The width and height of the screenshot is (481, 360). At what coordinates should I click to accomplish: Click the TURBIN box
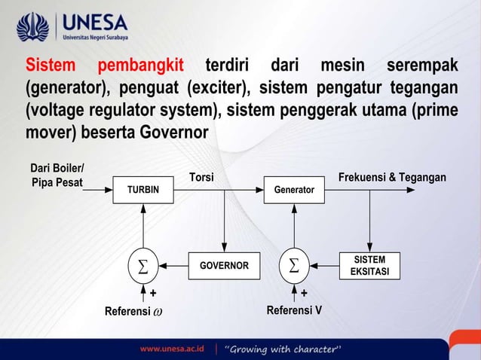pyautogui.click(x=142, y=190)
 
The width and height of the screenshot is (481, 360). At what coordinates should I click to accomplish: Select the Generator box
pyautogui.click(x=293, y=190)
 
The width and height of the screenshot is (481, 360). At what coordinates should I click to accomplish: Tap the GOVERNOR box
pyautogui.click(x=224, y=266)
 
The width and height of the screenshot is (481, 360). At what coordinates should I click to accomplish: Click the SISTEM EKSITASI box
pyautogui.click(x=369, y=266)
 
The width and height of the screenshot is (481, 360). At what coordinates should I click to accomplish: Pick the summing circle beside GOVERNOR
pyautogui.click(x=142, y=266)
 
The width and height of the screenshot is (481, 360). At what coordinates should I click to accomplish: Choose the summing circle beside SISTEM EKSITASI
pyautogui.click(x=294, y=266)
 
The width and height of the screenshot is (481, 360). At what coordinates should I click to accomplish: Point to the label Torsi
pyautogui.click(x=201, y=177)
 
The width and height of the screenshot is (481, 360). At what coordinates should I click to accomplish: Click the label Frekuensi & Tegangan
pyautogui.click(x=392, y=177)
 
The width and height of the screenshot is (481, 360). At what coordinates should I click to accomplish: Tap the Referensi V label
pyautogui.click(x=295, y=310)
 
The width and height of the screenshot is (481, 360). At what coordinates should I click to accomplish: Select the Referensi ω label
pyautogui.click(x=133, y=310)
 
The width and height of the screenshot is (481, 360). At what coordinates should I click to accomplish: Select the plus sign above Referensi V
pyautogui.click(x=305, y=292)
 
